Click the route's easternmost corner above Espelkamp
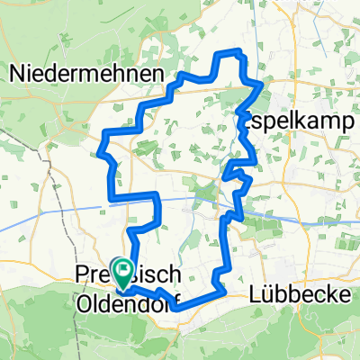click(x=263, y=84)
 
